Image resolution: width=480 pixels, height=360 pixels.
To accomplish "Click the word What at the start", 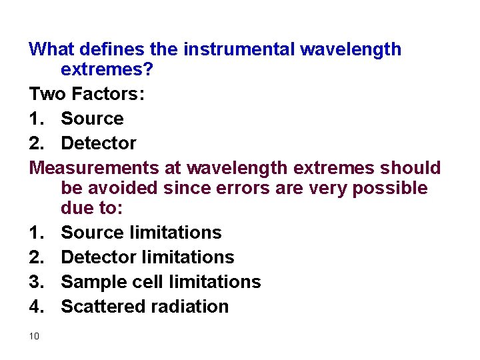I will click(x=52, y=49).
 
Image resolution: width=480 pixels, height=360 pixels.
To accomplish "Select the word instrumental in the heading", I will click(x=239, y=49).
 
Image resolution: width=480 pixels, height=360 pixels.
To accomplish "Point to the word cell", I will click(x=139, y=281).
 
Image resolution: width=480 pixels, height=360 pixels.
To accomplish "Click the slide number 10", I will click(x=35, y=336).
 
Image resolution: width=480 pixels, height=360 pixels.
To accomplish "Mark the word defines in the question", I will click(x=117, y=49).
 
